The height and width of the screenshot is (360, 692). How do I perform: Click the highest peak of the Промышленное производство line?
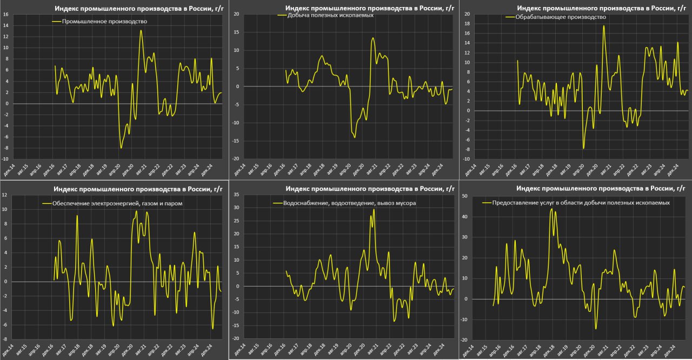coord(141,30)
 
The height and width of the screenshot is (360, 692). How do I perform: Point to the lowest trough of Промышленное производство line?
coord(121,148)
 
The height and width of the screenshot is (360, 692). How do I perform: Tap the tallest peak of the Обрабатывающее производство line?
coord(604,26)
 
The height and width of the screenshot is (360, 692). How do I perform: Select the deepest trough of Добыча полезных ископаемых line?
coord(355,137)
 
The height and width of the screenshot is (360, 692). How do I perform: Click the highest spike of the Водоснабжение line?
coord(374,209)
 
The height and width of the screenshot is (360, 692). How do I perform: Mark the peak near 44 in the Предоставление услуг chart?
coord(551,209)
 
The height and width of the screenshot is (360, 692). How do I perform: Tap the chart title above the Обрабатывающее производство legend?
coord(601,8)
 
